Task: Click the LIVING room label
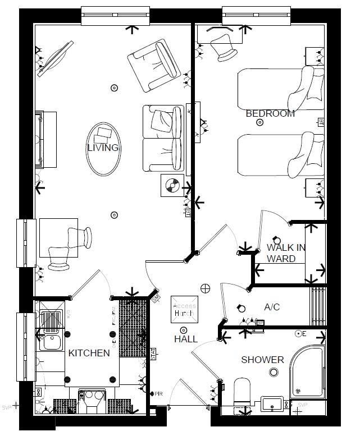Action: pyautogui.click(x=103, y=148)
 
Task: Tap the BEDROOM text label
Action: pyautogui.click(x=270, y=113)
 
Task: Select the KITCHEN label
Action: pyautogui.click(x=89, y=353)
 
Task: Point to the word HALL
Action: pyautogui.click(x=185, y=339)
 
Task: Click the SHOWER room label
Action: pyautogui.click(x=262, y=360)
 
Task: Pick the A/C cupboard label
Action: pyautogui.click(x=272, y=307)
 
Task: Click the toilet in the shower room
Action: pyautogui.click(x=241, y=392)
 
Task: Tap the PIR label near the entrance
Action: pyautogui.click(x=158, y=393)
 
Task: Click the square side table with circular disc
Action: pyautogui.click(x=172, y=185)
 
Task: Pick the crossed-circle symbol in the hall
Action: pyautogui.click(x=205, y=288)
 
